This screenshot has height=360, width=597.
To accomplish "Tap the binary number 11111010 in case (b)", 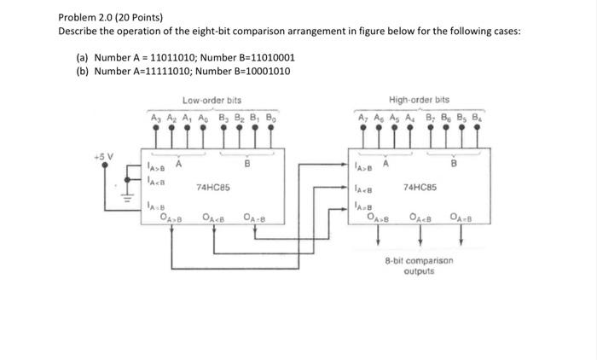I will click(184, 71).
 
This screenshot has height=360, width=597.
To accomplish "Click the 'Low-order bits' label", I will click(212, 101).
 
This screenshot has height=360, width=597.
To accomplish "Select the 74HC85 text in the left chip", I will click(210, 186).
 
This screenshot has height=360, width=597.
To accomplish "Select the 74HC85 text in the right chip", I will click(420, 185).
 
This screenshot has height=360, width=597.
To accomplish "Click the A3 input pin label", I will click(154, 117).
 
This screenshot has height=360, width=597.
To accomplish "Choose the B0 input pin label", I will click(270, 117).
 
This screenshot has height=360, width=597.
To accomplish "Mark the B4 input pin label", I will click(481, 117).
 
